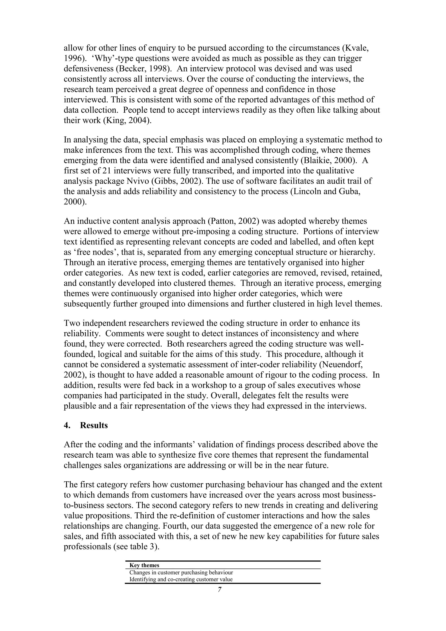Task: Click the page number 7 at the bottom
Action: [x=220, y=597]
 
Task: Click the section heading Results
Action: [x=94, y=425]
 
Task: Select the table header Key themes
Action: [x=144, y=565]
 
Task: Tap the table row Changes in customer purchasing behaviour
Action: [x=181, y=572]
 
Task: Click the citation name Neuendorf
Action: [x=346, y=364]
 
